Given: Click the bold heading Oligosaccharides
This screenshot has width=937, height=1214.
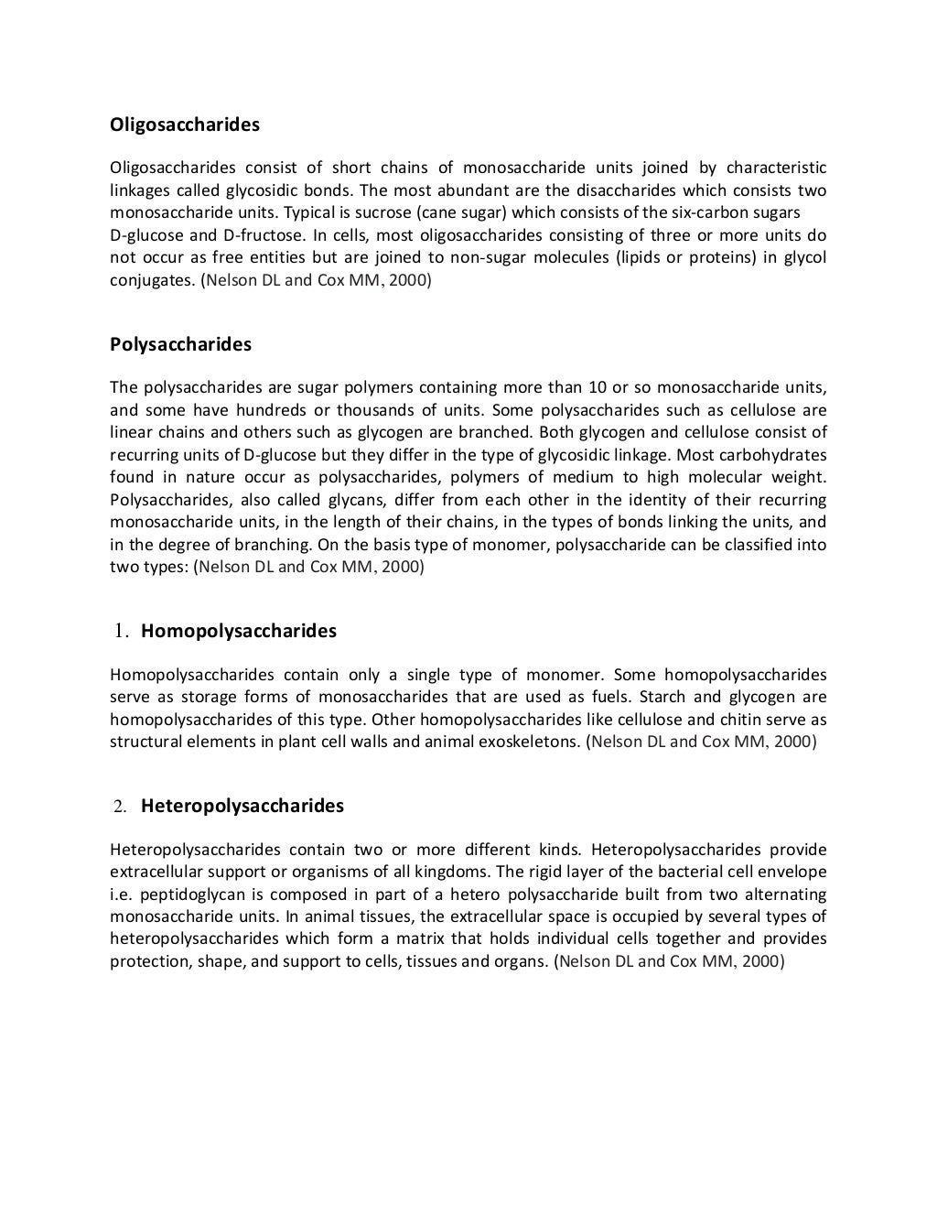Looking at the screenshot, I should tap(185, 124).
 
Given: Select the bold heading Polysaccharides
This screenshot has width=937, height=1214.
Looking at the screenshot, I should tap(180, 344).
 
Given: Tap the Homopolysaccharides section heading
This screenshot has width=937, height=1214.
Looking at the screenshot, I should tap(239, 631).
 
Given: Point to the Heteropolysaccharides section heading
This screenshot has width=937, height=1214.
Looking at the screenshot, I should tap(242, 806).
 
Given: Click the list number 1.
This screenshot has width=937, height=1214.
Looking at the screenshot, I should tap(120, 631).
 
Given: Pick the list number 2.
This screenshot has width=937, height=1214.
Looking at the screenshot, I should tap(119, 807).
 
